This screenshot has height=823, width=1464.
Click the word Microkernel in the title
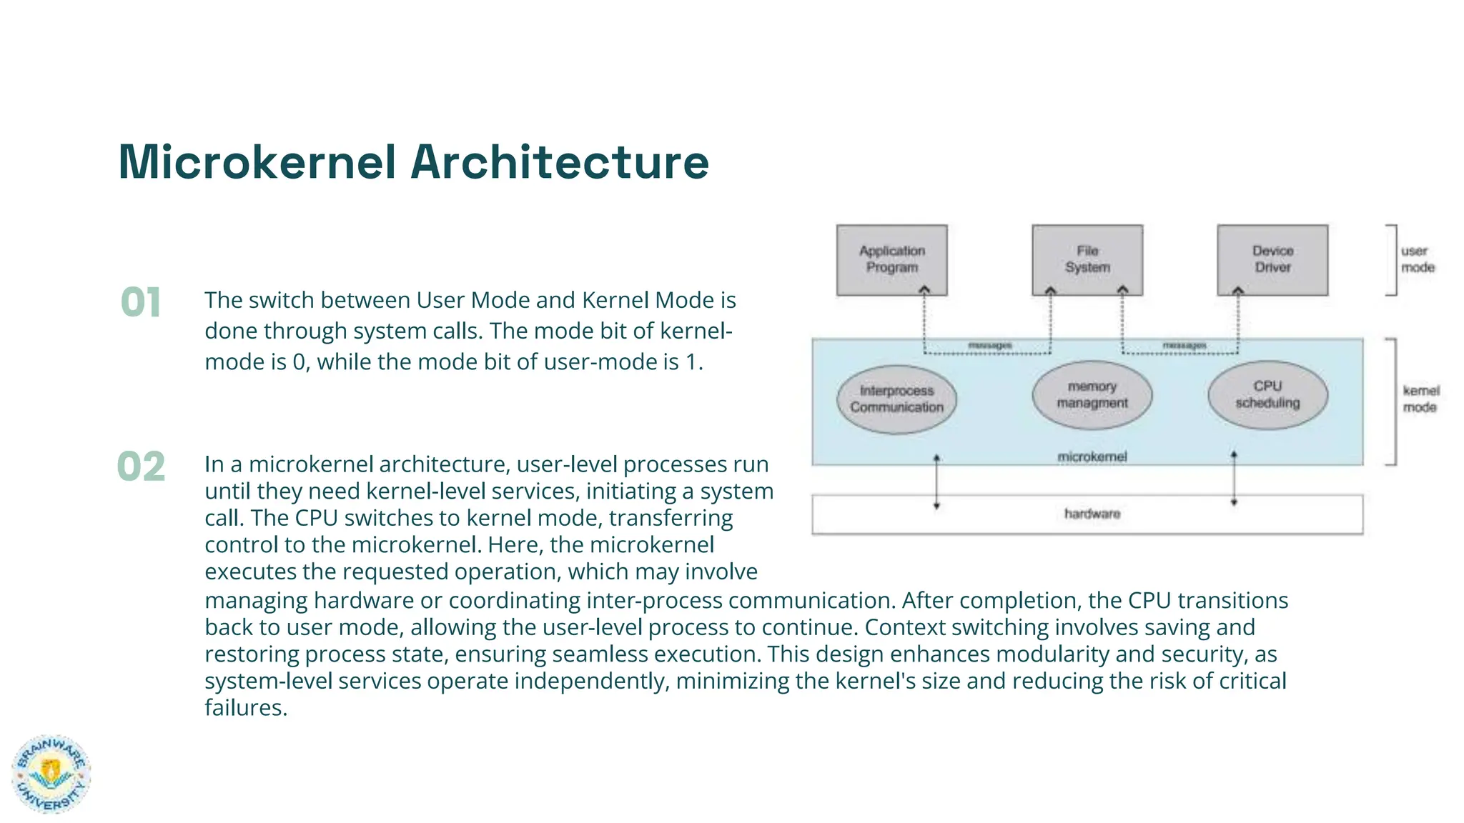click(x=257, y=162)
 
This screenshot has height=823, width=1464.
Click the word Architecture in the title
click(x=559, y=162)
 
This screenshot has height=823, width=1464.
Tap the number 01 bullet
click(x=141, y=302)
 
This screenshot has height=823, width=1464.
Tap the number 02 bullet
click(x=141, y=467)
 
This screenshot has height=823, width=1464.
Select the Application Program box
click(x=891, y=259)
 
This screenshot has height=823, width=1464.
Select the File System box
click(x=1087, y=259)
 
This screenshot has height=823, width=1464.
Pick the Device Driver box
click(x=1272, y=259)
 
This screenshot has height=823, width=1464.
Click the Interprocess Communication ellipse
click(x=896, y=399)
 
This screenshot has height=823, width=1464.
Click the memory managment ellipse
click(x=1092, y=395)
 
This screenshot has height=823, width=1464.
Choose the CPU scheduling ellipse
click(x=1267, y=394)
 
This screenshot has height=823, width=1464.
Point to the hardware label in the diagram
click(x=1092, y=514)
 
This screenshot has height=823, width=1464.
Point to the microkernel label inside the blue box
click(x=1092, y=457)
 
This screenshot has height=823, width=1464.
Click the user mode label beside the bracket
click(x=1417, y=259)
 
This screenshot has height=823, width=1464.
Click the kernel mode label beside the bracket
click(x=1420, y=399)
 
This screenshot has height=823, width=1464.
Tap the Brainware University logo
click(x=51, y=774)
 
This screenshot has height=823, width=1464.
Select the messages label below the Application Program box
click(x=989, y=346)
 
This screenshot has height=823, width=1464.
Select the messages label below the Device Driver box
click(x=1184, y=346)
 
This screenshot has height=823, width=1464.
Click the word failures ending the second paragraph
click(x=245, y=708)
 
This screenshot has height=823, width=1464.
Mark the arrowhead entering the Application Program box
click(x=924, y=290)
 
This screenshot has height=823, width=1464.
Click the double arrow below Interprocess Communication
click(x=936, y=482)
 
